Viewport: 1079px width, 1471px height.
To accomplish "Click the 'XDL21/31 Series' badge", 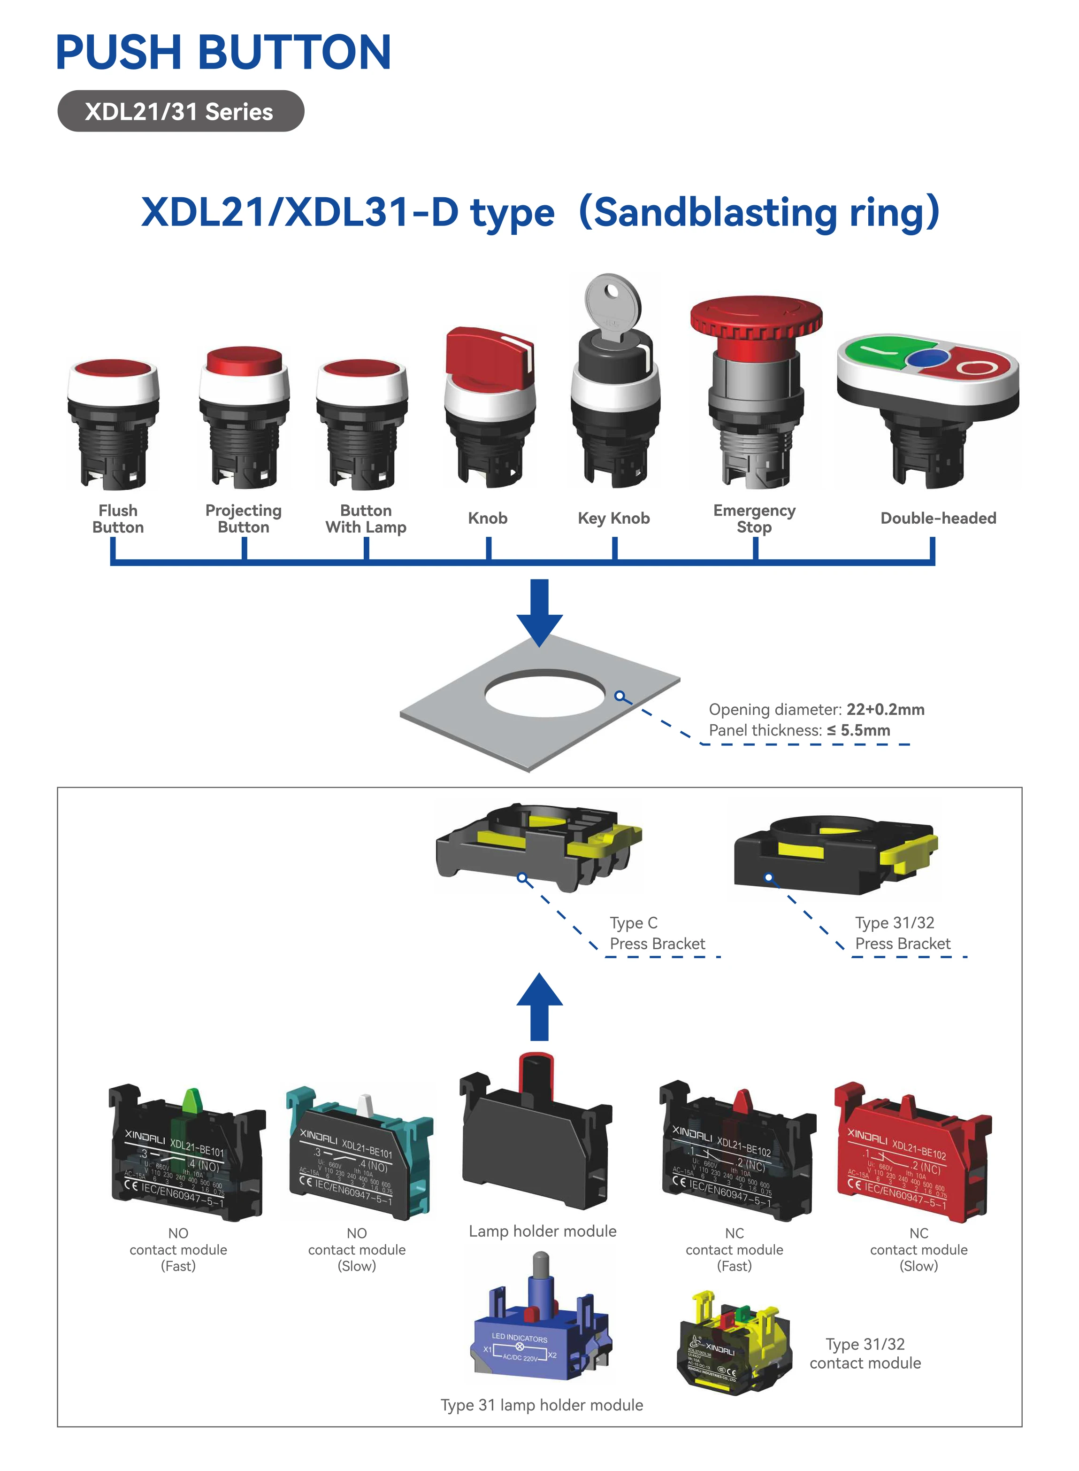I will point(180,111).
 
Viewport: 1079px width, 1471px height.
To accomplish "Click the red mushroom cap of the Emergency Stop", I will point(756,316).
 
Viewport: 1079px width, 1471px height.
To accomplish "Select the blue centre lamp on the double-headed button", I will point(927,358).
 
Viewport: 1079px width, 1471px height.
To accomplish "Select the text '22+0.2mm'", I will point(885,709).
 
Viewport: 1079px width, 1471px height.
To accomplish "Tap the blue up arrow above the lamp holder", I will point(540,1006).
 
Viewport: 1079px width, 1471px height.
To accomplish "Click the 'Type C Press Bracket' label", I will point(657,933).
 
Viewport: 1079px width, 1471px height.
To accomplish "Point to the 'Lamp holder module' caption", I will point(542,1231).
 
